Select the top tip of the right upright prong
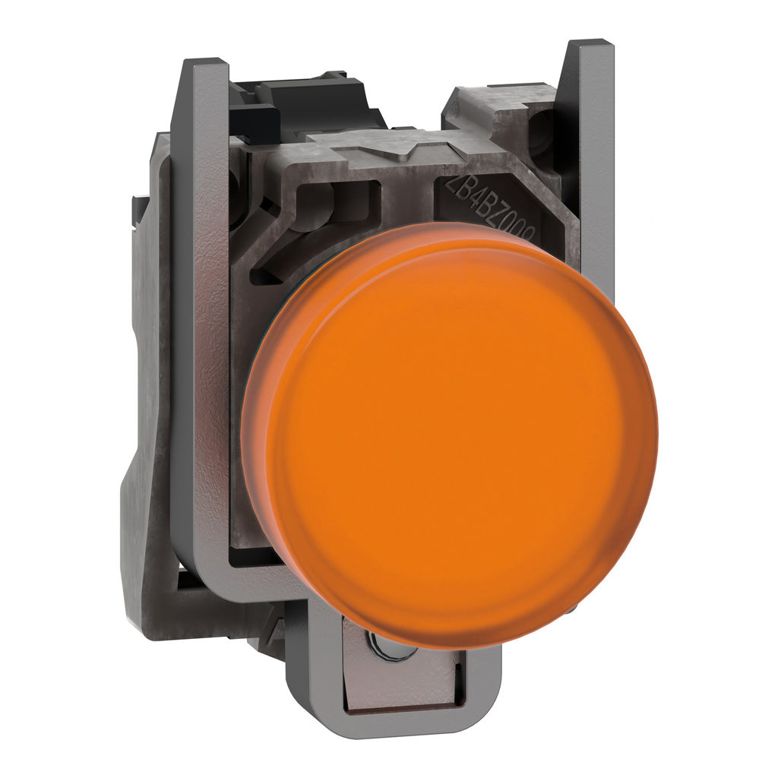pos(590,46)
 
